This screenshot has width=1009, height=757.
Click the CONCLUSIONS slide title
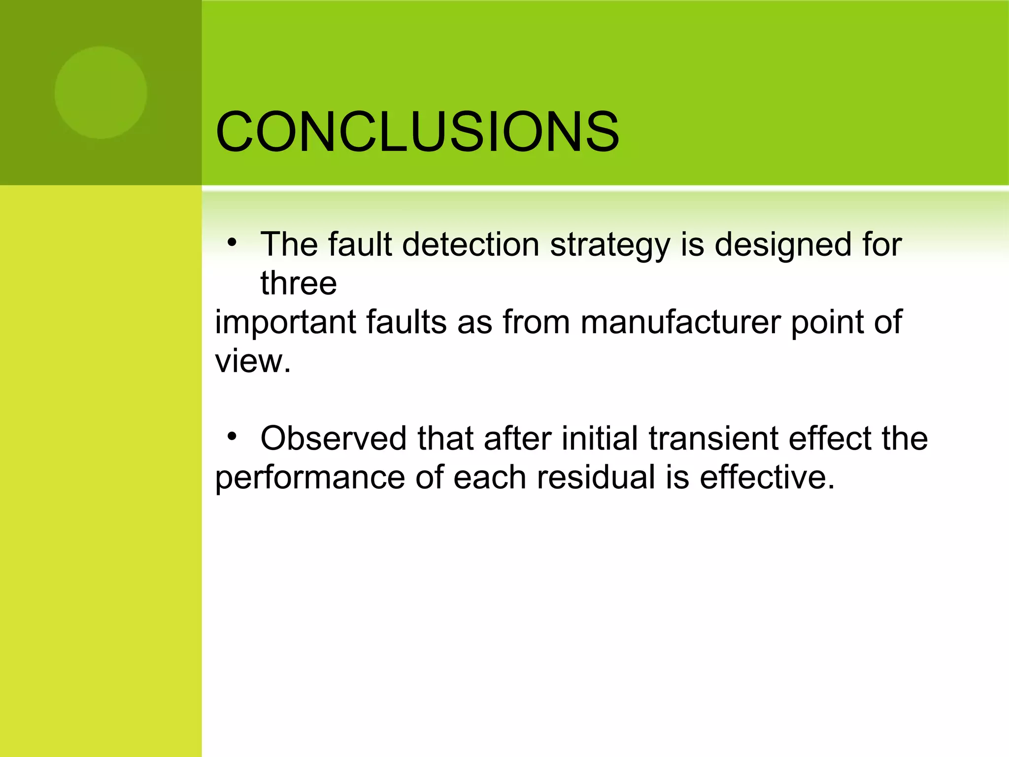(x=417, y=132)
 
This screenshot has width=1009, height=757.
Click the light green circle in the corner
(x=101, y=93)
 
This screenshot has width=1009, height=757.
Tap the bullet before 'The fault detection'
(x=232, y=242)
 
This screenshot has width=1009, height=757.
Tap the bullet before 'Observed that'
(x=232, y=436)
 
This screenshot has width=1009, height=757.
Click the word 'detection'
(x=471, y=244)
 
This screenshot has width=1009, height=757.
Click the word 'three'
(x=299, y=283)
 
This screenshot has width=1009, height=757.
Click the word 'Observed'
(x=334, y=438)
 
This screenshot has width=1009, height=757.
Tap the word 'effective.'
(x=767, y=477)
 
